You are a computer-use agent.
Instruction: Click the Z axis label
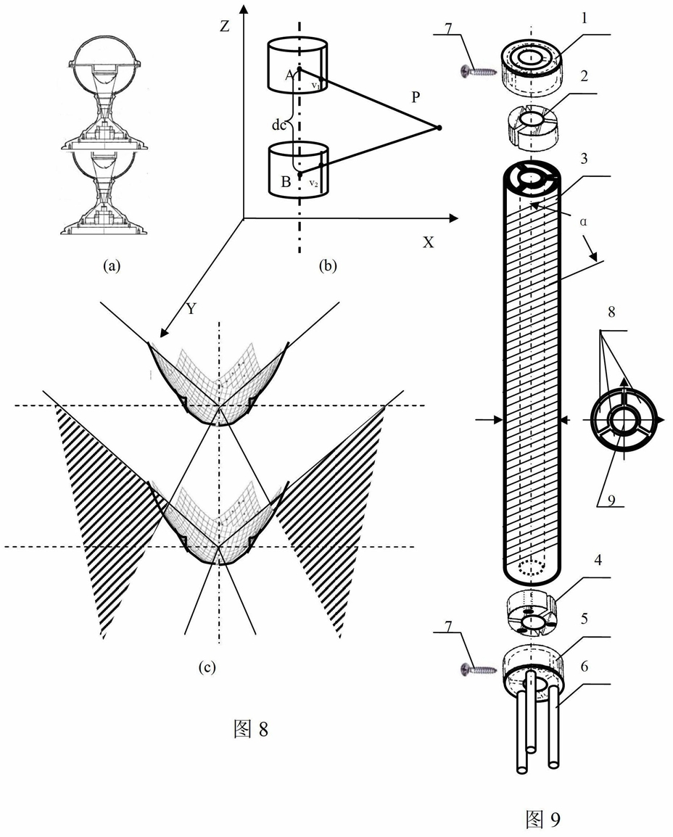(226, 25)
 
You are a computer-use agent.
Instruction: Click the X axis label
(429, 242)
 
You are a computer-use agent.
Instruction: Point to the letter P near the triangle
(416, 97)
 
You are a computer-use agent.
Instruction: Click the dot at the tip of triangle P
(439, 128)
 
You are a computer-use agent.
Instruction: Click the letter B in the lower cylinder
(286, 182)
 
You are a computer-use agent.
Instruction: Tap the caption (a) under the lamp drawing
(111, 265)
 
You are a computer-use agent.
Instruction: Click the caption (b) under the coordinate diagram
(328, 265)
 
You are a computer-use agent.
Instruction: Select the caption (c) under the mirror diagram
(207, 667)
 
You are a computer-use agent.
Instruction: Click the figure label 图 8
(251, 728)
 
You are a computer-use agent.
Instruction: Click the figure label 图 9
(544, 818)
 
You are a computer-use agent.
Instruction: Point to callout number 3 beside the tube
(585, 159)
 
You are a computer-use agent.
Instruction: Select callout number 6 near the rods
(585, 666)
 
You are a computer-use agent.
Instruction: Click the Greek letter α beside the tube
(583, 221)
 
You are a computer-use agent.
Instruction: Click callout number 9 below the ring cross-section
(611, 500)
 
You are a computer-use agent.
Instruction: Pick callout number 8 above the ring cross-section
(611, 311)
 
